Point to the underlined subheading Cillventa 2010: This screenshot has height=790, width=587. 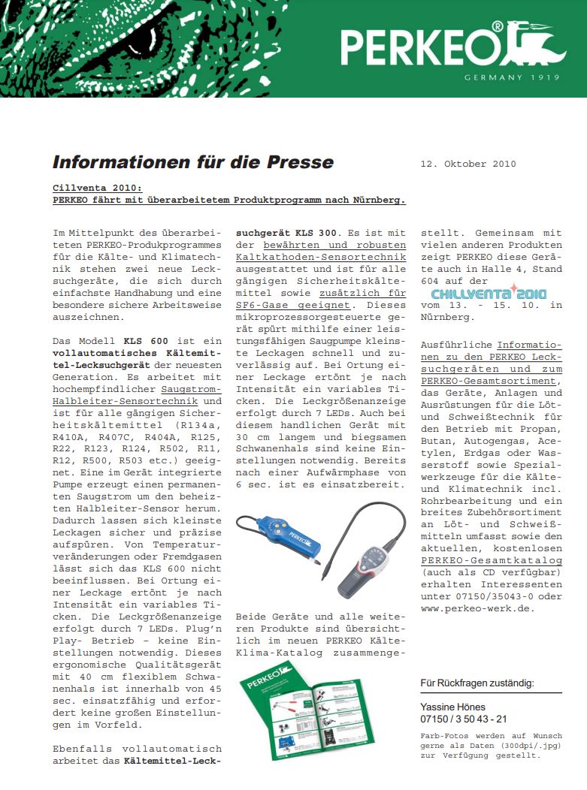(97, 187)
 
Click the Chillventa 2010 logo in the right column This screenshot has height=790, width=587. (489, 293)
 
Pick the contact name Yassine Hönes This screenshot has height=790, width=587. (452, 707)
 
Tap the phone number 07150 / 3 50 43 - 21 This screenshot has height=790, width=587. (464, 719)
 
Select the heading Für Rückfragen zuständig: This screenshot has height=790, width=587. (477, 683)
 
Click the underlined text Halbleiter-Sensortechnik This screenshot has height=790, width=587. (117, 402)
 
